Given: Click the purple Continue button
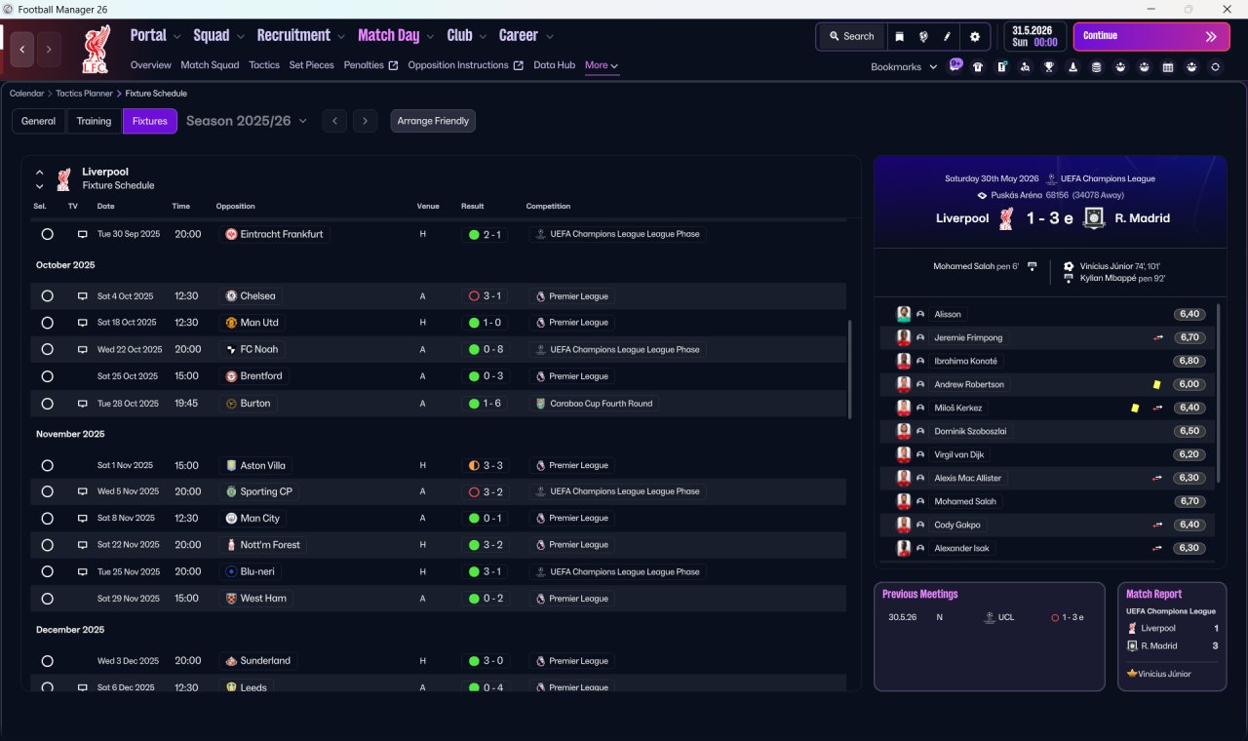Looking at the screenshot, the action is click(1151, 36).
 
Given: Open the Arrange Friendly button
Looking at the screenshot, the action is click(433, 121).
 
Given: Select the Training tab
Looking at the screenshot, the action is click(94, 121).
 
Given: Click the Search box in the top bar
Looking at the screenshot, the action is click(851, 36).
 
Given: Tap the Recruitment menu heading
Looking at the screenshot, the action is click(293, 36).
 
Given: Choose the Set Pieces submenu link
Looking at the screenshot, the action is click(311, 65).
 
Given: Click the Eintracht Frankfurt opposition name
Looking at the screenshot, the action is click(282, 234).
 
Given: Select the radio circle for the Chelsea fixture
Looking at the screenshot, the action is click(48, 295).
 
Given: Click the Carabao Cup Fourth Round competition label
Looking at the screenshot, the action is click(602, 404).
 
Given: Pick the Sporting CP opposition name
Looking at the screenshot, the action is click(266, 491).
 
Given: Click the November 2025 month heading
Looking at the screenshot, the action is click(70, 434).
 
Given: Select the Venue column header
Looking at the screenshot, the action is click(428, 206).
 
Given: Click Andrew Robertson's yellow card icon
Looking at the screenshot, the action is click(1156, 384).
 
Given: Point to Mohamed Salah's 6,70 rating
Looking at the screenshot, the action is click(1189, 501).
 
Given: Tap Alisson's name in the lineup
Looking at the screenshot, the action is click(947, 314).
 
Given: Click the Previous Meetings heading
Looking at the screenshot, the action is click(919, 594).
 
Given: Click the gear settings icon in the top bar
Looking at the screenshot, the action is click(974, 37).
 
